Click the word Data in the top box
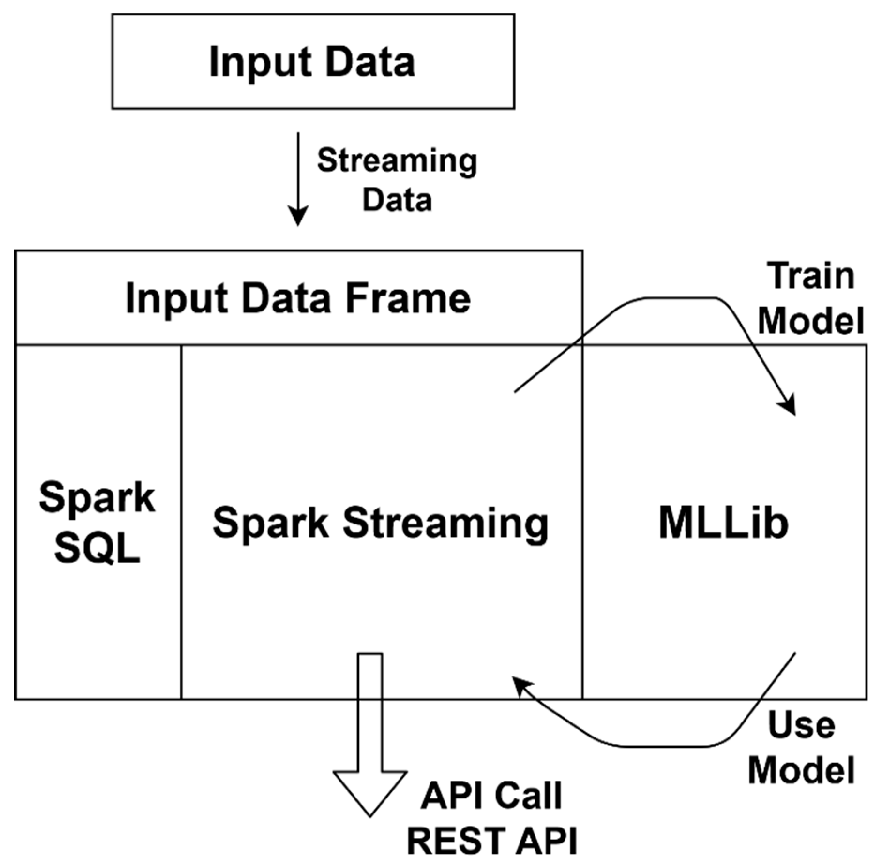(x=370, y=62)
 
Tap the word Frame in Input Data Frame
(x=407, y=298)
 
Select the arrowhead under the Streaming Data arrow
(x=298, y=216)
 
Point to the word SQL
(x=97, y=548)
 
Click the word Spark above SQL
(x=97, y=497)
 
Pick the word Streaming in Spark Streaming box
(x=445, y=523)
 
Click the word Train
(x=810, y=276)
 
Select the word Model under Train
(x=810, y=321)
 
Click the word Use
(x=801, y=725)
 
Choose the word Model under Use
(x=801, y=770)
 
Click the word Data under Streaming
(x=397, y=200)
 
